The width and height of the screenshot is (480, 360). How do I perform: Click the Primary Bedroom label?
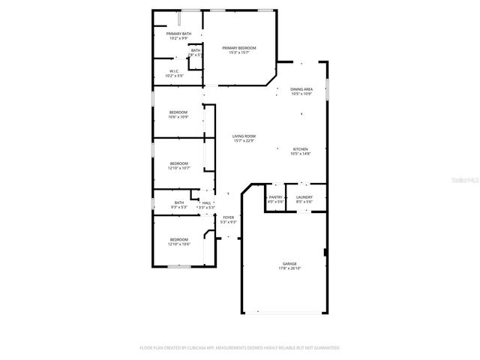point(238,48)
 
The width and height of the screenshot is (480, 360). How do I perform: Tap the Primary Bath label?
point(178,34)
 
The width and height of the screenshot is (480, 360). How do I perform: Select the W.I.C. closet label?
point(173,71)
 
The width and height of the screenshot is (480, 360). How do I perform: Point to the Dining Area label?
point(301,88)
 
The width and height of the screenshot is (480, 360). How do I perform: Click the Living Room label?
point(244,136)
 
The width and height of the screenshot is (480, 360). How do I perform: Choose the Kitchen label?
point(301,149)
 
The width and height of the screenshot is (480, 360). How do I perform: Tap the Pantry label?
point(275,197)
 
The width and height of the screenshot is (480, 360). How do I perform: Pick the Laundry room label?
point(304,197)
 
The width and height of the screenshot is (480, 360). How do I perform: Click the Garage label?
point(289,263)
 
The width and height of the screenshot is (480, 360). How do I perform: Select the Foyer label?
point(228,217)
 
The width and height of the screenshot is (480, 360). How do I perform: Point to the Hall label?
point(206,202)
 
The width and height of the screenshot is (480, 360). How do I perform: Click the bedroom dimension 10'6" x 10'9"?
point(178,117)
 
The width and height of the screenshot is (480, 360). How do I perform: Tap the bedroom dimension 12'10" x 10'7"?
point(179,168)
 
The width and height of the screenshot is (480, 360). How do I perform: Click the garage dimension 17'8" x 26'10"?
point(289,268)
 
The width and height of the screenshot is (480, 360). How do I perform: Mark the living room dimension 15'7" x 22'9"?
point(244,140)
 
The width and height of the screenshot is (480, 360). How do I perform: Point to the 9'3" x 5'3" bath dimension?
point(179,207)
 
